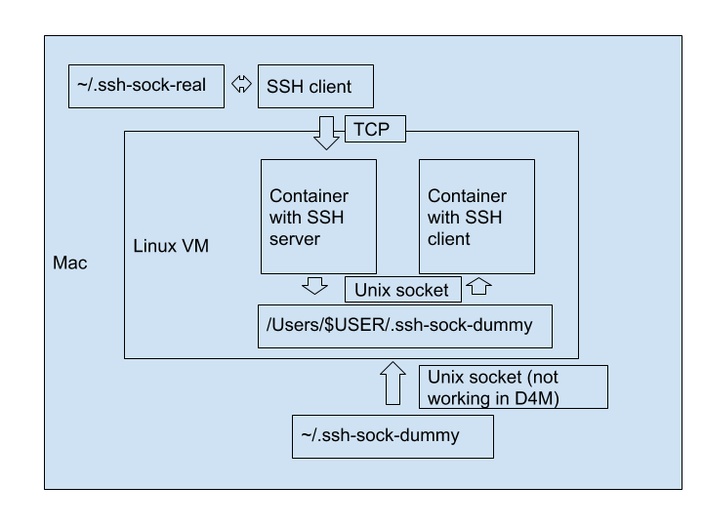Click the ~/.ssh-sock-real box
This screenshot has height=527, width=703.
tap(146, 86)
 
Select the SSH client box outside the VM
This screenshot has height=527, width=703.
tap(315, 87)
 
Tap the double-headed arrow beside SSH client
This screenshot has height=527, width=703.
tap(241, 85)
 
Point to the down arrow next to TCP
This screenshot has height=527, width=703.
tap(326, 132)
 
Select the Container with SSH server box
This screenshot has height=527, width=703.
tap(318, 217)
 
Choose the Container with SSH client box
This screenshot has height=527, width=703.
tap(476, 217)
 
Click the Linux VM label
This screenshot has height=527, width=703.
tap(171, 246)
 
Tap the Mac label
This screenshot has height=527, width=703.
tap(69, 263)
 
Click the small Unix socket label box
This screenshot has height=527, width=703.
tap(401, 290)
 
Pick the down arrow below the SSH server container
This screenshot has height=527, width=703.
tap(314, 285)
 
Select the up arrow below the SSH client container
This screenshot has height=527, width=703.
tap(478, 286)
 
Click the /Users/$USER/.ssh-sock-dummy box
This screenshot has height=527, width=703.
tap(404, 326)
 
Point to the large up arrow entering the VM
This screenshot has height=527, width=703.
tap(393, 383)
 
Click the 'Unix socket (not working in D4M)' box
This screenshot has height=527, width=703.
tap(514, 386)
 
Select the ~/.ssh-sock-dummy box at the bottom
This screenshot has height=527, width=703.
tap(393, 436)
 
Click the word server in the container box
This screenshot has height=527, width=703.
tap(295, 239)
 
